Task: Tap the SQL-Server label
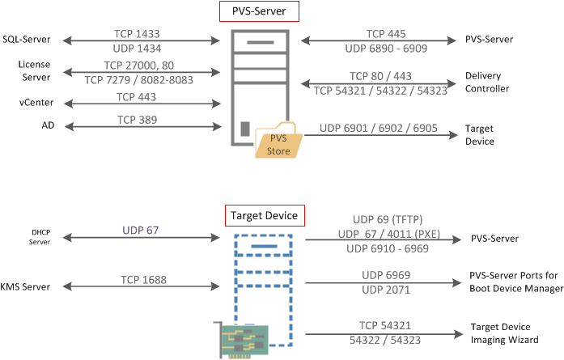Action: coord(25,40)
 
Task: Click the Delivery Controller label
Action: coord(487,83)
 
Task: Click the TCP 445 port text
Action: coord(386,34)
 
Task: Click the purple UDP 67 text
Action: coord(141,231)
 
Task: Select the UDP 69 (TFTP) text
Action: coord(386,219)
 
